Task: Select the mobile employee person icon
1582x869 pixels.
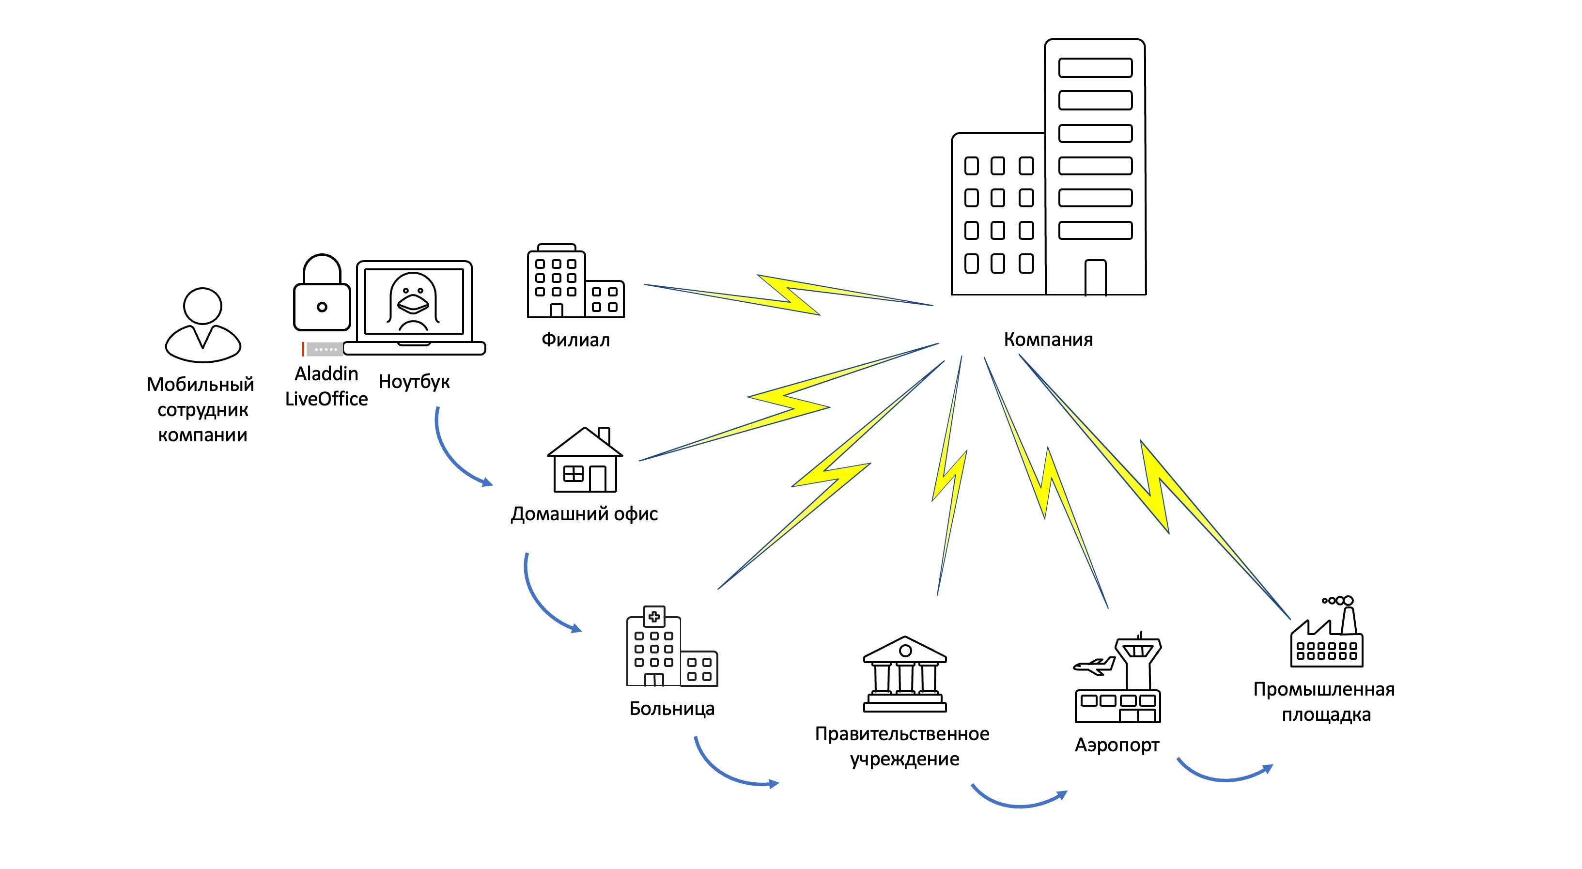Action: tap(202, 326)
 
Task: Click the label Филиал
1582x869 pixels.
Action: tap(575, 340)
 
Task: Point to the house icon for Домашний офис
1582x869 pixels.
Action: tap(585, 461)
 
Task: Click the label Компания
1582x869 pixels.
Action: tap(1048, 339)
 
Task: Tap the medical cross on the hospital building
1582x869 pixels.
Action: tap(654, 616)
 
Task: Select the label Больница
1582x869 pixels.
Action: tap(672, 708)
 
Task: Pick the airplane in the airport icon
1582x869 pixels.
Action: tap(1093, 666)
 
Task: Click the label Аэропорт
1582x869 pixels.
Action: tap(1117, 745)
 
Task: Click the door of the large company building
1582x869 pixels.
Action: tap(1095, 278)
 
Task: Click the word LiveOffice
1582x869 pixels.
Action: tap(326, 399)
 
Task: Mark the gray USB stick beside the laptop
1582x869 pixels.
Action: tap(324, 349)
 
